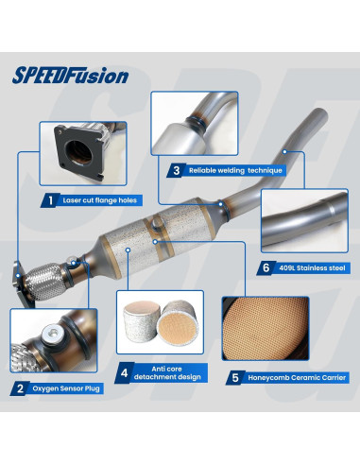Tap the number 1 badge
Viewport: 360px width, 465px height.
pos(47,200)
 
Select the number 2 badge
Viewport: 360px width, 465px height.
pos(20,387)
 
